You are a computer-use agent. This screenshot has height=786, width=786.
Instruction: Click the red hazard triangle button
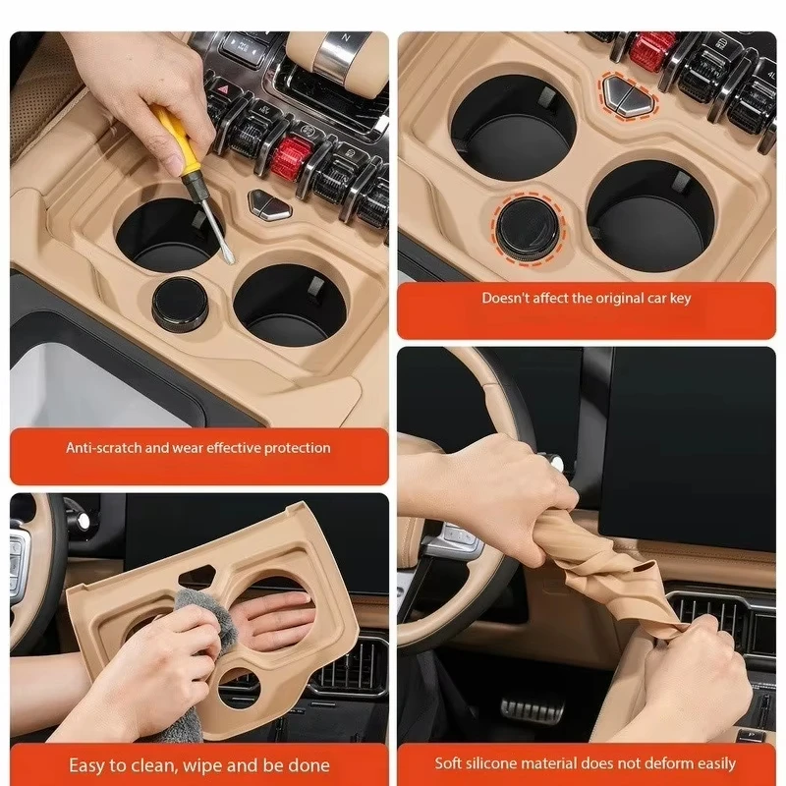click(x=223, y=90)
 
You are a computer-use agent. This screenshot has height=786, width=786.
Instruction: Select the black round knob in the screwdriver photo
click(x=180, y=304)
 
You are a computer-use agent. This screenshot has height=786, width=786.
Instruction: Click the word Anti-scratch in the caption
click(x=104, y=448)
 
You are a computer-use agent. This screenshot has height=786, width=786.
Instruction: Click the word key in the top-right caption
click(x=679, y=300)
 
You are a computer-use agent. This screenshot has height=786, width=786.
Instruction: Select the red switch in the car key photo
click(x=652, y=52)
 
